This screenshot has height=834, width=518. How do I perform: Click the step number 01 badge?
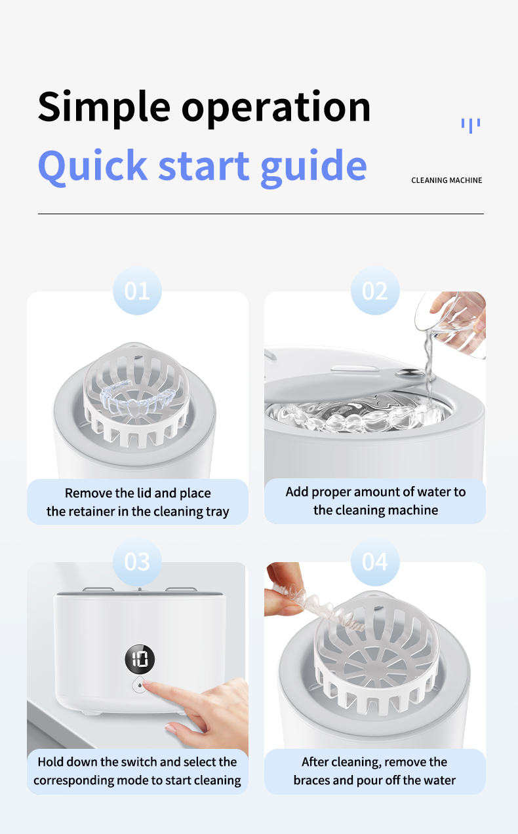point(137,291)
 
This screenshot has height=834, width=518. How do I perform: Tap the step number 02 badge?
point(375,291)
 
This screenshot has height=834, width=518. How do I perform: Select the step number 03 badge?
point(137,561)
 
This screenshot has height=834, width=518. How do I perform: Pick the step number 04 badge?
point(375,561)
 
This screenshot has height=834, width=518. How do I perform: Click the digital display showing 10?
point(140,658)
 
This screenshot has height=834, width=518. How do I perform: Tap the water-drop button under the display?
point(140,685)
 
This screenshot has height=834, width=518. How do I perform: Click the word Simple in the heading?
point(104,107)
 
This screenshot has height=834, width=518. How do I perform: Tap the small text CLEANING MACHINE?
point(447,180)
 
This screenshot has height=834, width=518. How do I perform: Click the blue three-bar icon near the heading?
point(471,126)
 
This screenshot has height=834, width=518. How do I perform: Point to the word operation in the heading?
point(276,107)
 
